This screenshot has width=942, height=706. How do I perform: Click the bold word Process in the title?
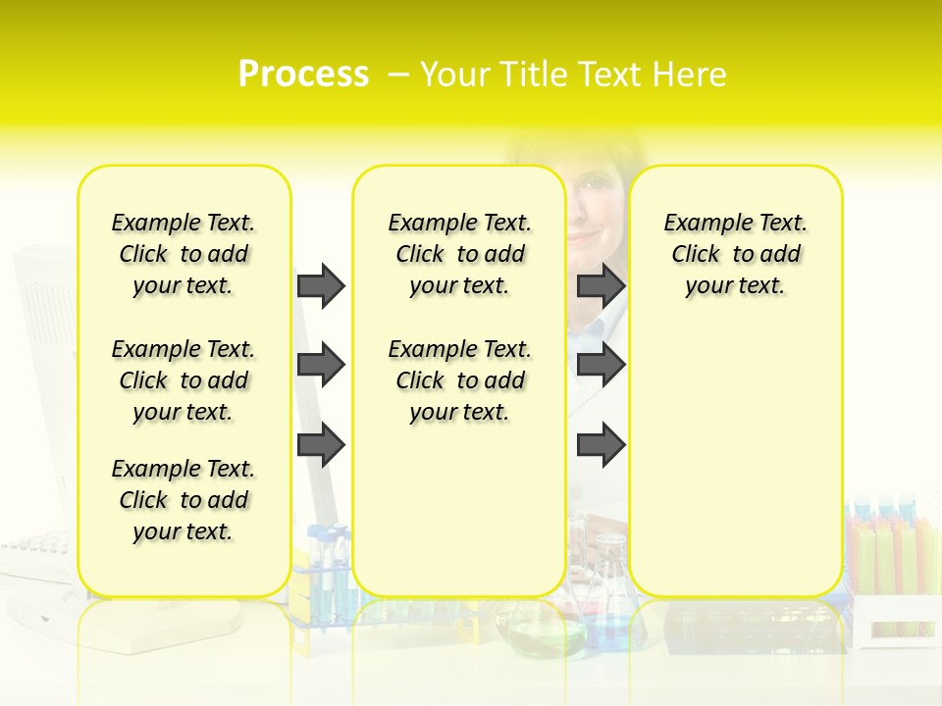click(303, 75)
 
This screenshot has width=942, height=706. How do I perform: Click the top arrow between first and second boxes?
click(321, 285)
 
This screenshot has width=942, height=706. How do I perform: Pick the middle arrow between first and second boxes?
click(321, 365)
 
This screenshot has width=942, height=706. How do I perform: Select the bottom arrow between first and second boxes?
click(321, 445)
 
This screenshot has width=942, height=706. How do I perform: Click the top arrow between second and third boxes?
click(601, 285)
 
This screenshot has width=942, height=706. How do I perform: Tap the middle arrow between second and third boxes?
click(601, 365)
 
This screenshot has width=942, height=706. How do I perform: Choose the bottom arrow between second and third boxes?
click(601, 445)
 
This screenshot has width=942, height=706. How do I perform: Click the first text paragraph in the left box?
click(183, 254)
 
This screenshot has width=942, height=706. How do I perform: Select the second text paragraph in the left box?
click(183, 380)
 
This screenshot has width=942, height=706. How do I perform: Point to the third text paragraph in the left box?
click(183, 500)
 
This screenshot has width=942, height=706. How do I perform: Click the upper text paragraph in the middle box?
click(459, 254)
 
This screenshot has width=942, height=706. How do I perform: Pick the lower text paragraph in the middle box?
click(459, 380)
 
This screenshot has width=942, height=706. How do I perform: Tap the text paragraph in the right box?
click(736, 254)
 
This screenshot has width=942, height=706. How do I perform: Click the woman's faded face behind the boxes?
click(595, 211)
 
